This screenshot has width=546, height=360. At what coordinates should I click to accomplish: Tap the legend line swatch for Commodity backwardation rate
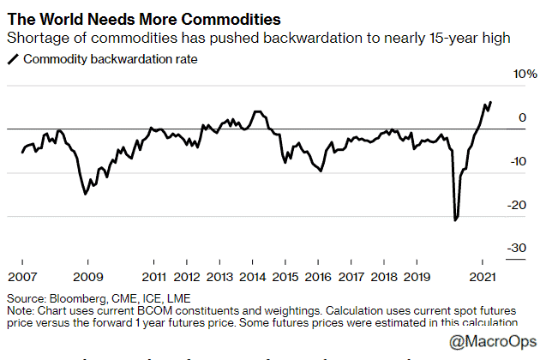click(x=13, y=60)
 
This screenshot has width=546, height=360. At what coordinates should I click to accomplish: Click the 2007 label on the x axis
click(x=23, y=278)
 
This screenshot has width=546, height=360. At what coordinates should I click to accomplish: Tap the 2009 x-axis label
click(x=88, y=278)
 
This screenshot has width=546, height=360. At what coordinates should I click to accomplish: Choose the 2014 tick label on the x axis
click(x=253, y=278)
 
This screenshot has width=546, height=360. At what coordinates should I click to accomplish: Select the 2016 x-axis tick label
click(x=319, y=278)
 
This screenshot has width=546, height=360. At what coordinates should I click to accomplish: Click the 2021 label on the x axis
click(x=483, y=278)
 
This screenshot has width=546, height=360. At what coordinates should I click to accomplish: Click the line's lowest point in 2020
click(x=455, y=220)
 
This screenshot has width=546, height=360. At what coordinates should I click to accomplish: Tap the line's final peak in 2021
click(x=490, y=102)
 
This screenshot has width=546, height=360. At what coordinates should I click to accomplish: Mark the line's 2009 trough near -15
click(x=85, y=195)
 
